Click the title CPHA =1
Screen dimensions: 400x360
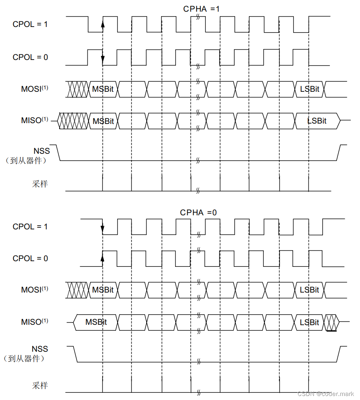click(201, 8)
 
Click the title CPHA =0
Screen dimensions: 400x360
click(198, 212)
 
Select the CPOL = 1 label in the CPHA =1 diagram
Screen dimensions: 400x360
click(30, 24)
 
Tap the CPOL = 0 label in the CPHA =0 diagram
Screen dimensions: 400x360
click(30, 258)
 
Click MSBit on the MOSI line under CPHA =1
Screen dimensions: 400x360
click(103, 89)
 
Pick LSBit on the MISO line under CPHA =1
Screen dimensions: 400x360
click(317, 121)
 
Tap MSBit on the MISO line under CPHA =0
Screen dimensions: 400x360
click(96, 322)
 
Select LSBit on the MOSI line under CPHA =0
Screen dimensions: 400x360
click(309, 290)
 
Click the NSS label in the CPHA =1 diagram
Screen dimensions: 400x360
click(42, 151)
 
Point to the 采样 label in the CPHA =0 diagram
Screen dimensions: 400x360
click(40, 386)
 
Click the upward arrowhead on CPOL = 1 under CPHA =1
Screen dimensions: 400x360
click(103, 25)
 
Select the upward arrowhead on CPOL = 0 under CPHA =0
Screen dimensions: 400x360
click(103, 257)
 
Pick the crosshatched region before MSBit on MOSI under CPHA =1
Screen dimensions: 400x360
click(77, 89)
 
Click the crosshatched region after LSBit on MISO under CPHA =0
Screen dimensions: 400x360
click(331, 322)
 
